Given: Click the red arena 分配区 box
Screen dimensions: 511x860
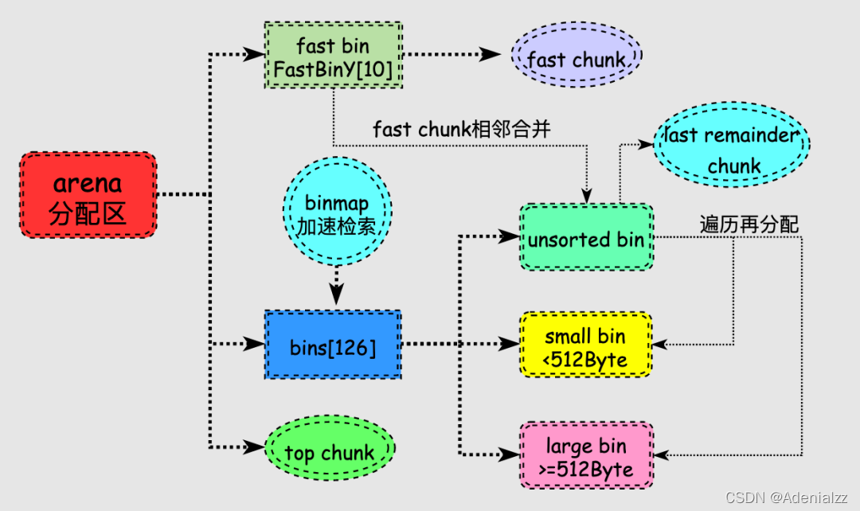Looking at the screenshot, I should [x=88, y=194].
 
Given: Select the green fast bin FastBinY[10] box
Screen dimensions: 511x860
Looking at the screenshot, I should [x=334, y=56].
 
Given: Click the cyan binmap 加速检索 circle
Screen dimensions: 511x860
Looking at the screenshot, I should [x=338, y=213].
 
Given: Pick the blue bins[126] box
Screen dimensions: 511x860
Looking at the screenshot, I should [x=333, y=345].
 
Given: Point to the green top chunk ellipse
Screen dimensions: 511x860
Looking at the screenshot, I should [x=329, y=452].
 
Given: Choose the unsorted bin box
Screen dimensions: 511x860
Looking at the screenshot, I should [x=586, y=238].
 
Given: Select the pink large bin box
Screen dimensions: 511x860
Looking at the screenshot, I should [x=586, y=455].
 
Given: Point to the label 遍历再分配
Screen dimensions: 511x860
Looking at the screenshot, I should [x=749, y=224].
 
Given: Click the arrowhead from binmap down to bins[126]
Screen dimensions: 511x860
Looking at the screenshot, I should [x=337, y=294].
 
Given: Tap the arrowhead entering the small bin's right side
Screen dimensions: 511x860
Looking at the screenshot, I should [x=661, y=345].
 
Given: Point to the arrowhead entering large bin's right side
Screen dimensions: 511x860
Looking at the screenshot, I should [x=661, y=455].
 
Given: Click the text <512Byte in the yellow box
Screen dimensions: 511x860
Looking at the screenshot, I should [x=586, y=361].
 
